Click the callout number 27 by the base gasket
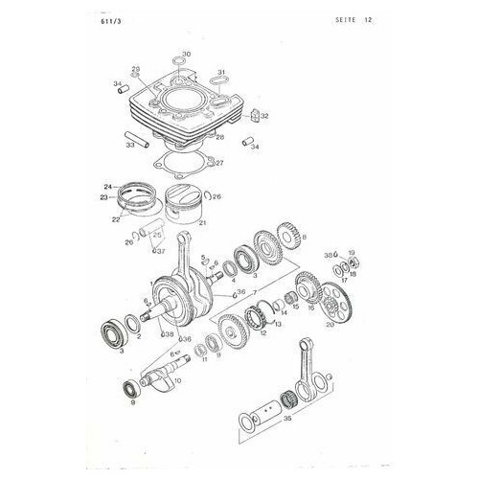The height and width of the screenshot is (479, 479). tap(219, 163)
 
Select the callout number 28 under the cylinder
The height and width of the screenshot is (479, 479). tap(220, 138)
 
